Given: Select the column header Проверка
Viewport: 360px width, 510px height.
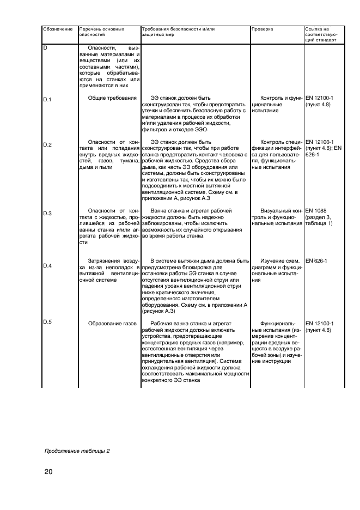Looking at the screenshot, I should [x=263, y=29].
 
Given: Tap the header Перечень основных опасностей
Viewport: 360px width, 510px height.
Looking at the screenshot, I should [x=101, y=32].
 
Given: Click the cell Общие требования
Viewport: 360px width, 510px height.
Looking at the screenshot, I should [x=112, y=98].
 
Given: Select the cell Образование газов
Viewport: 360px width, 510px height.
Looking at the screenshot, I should [x=112, y=324].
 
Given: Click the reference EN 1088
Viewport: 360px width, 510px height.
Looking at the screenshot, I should [x=316, y=210].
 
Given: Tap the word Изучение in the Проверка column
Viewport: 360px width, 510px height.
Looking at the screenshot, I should [x=274, y=260].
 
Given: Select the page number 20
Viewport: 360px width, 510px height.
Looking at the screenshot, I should [x=48, y=471].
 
